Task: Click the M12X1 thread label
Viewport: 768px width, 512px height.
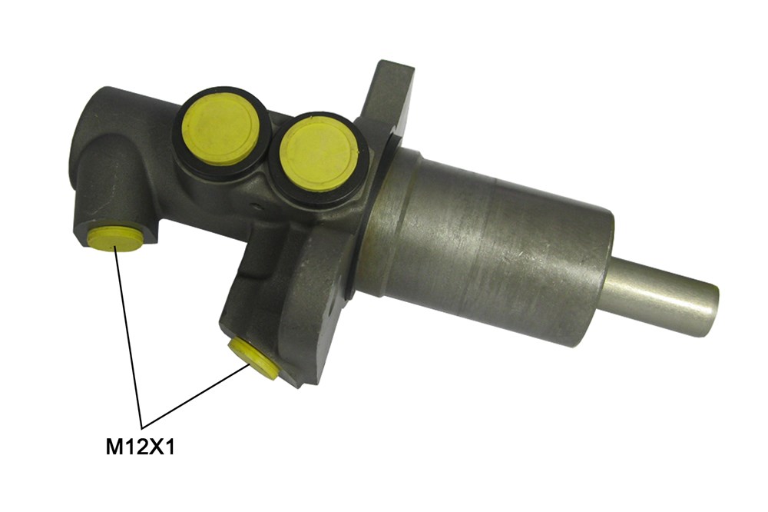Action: point(141,447)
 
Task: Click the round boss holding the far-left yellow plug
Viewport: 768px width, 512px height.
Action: point(115,192)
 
